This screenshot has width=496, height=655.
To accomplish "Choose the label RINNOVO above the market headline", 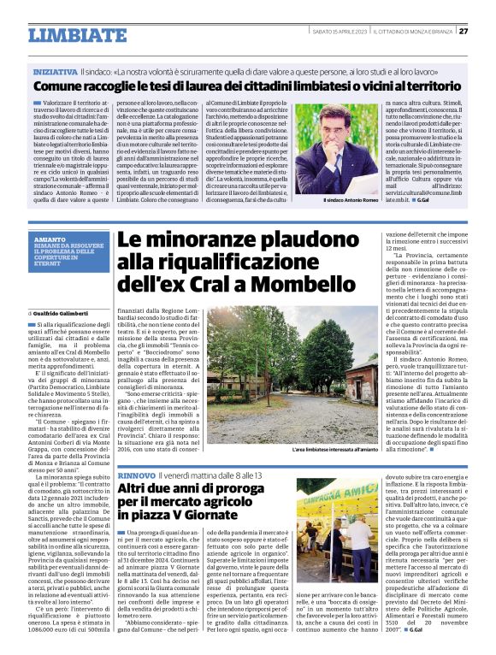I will (x=136, y=474).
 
